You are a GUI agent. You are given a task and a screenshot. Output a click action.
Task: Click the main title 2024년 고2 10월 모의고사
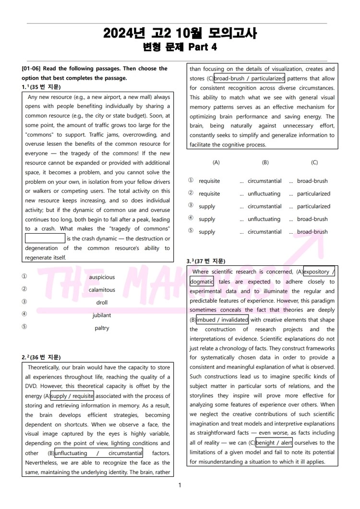[180, 33]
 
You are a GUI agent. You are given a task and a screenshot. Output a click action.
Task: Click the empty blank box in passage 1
[45, 238]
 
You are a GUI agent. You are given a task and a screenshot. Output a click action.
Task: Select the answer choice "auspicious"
[102, 277]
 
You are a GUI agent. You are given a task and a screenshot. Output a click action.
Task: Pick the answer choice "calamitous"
[102, 290]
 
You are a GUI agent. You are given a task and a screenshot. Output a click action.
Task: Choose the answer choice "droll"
[102, 303]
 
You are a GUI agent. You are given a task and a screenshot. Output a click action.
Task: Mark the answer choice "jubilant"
[102, 315]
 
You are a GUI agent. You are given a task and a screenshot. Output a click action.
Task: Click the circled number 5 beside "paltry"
[24, 327]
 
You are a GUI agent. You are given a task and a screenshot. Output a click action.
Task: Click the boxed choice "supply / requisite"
[72, 396]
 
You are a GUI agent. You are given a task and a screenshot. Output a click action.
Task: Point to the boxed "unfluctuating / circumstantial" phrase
[98, 453]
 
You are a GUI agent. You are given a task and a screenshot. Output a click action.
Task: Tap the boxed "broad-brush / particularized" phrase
[249, 78]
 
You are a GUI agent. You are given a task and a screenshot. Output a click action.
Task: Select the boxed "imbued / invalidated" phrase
[222, 320]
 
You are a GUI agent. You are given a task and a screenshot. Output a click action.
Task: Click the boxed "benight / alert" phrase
[274, 443]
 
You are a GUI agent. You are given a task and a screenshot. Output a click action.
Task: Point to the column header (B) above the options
[265, 163]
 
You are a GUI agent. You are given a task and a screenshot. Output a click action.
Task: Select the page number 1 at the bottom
[180, 485]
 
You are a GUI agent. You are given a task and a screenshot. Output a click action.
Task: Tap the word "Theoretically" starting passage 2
[46, 367]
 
